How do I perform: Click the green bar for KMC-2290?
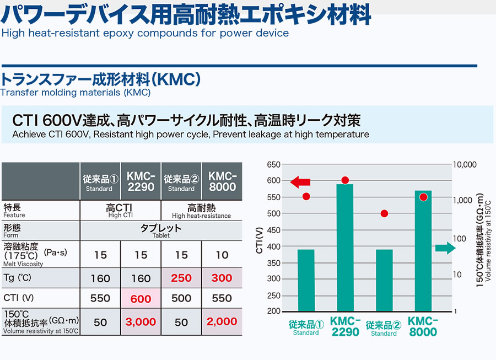click(x=345, y=248)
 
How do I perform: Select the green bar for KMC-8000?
click(x=423, y=251)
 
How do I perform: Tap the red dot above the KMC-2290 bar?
click(x=345, y=180)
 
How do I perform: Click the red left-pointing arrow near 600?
click(x=300, y=181)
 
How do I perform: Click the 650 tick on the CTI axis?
click(x=274, y=164)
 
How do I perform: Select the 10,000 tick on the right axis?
click(x=465, y=164)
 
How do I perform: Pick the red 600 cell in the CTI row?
click(x=141, y=298)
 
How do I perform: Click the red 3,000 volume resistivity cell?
click(x=141, y=322)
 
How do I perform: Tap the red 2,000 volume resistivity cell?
click(x=222, y=322)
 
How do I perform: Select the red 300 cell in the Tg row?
click(x=222, y=278)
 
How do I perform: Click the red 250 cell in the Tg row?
click(x=181, y=278)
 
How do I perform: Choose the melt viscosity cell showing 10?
click(x=222, y=255)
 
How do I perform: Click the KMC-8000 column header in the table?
click(x=222, y=181)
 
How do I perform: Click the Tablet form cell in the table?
click(x=161, y=230)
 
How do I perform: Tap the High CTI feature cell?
click(x=121, y=211)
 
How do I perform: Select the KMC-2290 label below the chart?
click(x=345, y=326)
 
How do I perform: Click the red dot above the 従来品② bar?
click(x=384, y=213)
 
